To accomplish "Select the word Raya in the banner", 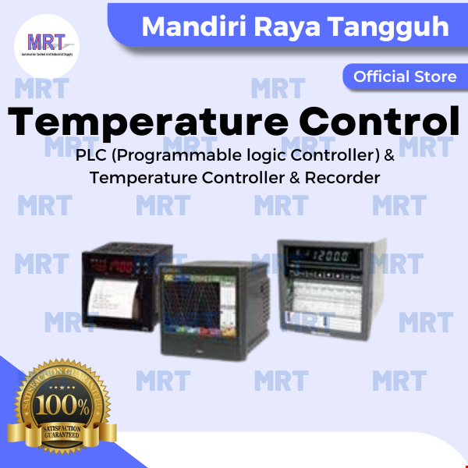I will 289,27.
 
